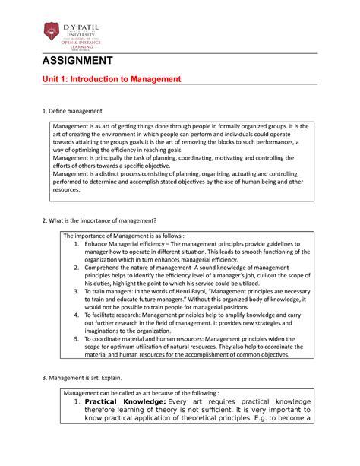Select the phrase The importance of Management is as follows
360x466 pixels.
pyautogui.click(x=125, y=235)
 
